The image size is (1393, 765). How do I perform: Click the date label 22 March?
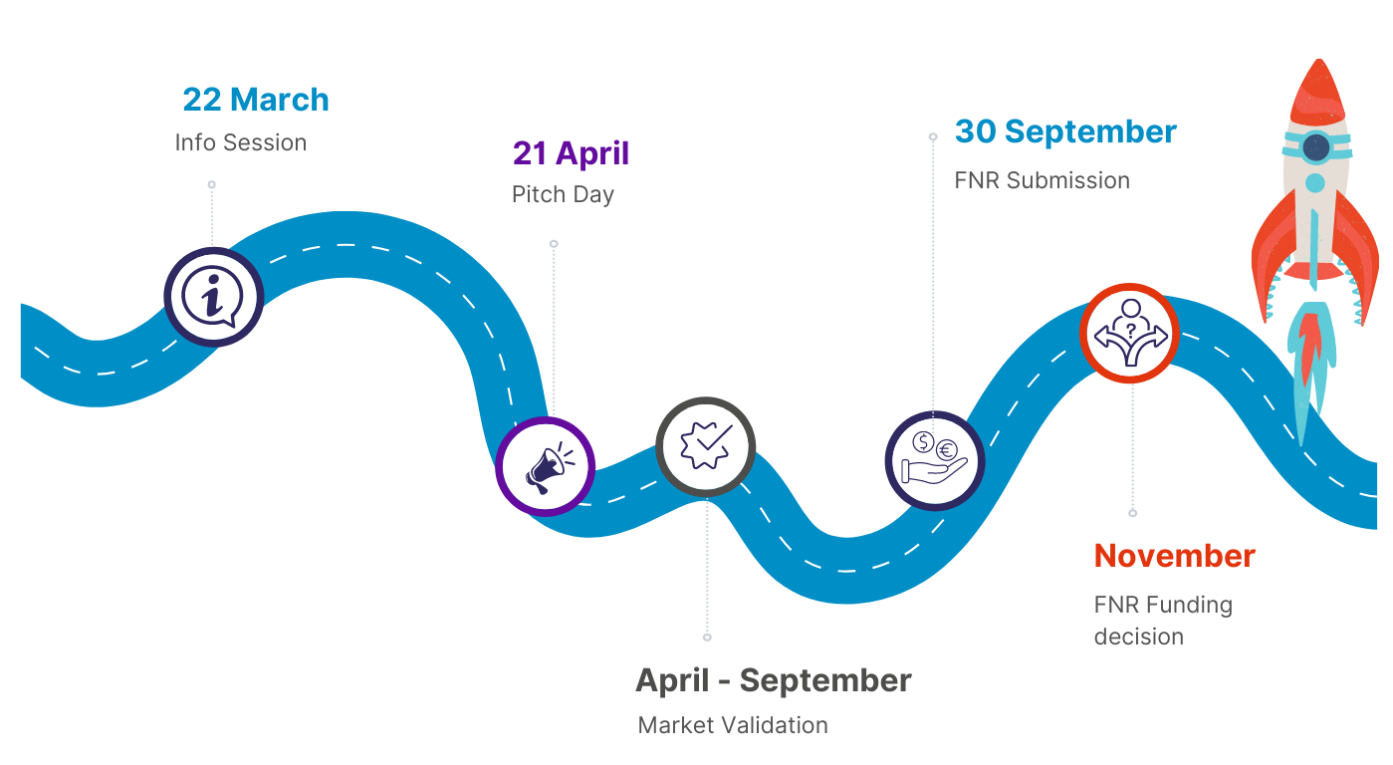coord(255,100)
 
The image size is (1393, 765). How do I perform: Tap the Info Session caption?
coord(240,142)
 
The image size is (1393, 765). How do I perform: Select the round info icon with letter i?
coord(213,297)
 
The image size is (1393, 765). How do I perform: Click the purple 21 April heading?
coord(571,153)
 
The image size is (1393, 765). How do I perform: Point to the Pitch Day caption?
coord(563,194)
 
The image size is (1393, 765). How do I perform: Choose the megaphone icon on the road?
coord(546,466)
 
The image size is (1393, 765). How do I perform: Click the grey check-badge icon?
coord(705,446)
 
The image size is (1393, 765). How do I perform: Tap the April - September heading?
coord(773,680)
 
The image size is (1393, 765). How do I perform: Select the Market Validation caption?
coord(733,725)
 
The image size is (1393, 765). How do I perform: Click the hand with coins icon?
coord(934,460)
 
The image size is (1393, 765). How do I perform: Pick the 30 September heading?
coord(1065,131)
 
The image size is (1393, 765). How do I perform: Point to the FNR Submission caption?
coord(1042,180)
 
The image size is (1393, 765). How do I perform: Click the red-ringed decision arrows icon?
coord(1130,334)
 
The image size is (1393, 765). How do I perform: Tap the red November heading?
coord(1174,556)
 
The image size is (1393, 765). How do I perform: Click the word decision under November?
coord(1138,637)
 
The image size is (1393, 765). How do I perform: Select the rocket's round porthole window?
coord(1316,148)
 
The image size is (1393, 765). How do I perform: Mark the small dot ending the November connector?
coord(1132,513)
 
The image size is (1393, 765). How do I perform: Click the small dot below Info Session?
coord(211,184)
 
